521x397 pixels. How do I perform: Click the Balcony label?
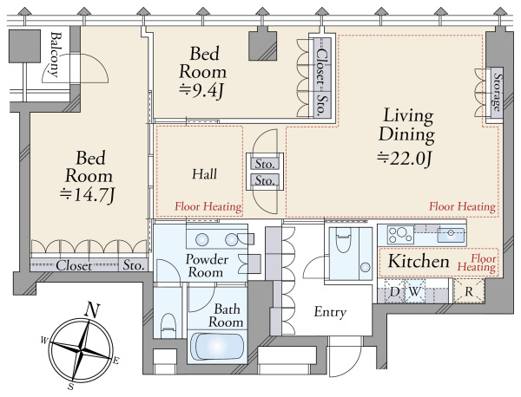[56, 55]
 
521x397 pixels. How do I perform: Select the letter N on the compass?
[92, 310]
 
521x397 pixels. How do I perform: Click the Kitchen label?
[419, 262]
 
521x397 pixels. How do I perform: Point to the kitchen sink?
[451, 235]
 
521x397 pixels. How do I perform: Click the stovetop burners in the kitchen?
[400, 235]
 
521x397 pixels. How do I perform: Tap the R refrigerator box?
[469, 291]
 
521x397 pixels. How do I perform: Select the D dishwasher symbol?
[394, 292]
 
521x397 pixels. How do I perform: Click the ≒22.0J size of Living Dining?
[405, 159]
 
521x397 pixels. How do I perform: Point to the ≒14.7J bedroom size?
[88, 195]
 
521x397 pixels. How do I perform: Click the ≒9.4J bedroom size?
[201, 90]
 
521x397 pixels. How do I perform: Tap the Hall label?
[205, 174]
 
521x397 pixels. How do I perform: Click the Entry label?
[330, 312]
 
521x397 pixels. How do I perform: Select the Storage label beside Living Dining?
[497, 92]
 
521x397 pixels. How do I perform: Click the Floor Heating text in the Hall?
[208, 206]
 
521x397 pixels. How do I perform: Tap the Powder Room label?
[206, 265]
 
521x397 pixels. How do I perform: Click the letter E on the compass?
[115, 361]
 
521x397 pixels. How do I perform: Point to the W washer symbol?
[415, 292]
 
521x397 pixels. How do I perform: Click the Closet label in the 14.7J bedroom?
[74, 265]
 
